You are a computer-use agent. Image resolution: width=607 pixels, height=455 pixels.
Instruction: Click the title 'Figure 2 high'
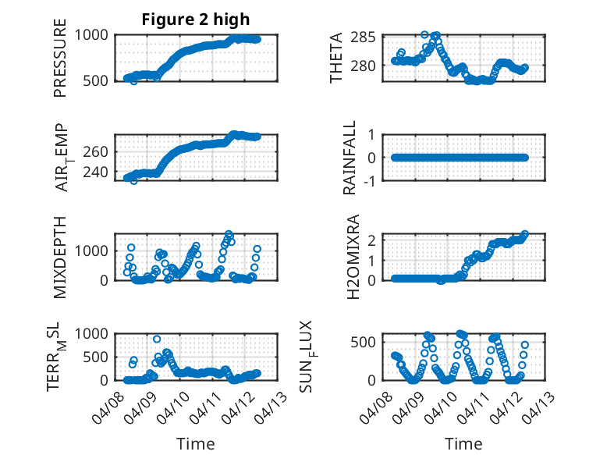coord(196,20)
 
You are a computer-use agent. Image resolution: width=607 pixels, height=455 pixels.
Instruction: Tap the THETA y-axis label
coord(336,58)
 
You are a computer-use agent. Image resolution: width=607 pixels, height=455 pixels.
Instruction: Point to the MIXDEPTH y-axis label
coord(60,257)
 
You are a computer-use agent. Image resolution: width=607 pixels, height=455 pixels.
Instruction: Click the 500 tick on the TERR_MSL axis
coord(99,357)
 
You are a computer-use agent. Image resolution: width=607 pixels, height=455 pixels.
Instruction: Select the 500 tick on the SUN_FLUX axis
coord(367,342)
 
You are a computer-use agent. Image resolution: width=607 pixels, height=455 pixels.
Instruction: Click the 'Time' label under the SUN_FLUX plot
coord(463,444)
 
